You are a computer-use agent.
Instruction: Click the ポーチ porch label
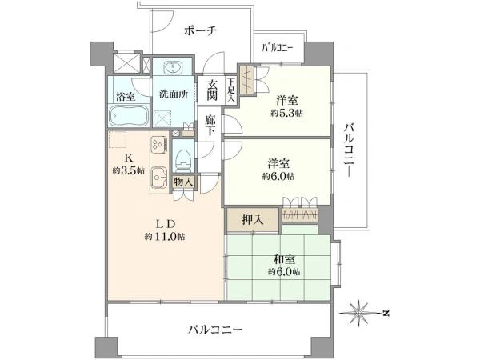point(201,30)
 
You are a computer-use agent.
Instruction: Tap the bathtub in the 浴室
point(129,115)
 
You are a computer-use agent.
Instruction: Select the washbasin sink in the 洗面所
point(174,67)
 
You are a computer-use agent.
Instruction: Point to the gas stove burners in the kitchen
point(159,144)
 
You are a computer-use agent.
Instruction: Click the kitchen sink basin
point(159,178)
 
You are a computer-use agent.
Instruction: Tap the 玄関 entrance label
point(211,90)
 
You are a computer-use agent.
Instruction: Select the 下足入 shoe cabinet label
point(231,90)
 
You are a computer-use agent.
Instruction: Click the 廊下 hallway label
point(210,125)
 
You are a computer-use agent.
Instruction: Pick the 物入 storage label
point(183,182)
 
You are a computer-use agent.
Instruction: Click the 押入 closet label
point(253,220)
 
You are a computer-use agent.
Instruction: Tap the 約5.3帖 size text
point(287,114)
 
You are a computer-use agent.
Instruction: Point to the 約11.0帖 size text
point(165,237)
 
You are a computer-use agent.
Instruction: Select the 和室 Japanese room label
point(284,260)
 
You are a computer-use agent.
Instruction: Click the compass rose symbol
point(359,313)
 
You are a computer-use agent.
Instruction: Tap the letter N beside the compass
point(386,313)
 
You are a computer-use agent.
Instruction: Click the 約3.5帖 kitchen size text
point(129,171)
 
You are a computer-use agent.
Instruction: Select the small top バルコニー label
point(278,48)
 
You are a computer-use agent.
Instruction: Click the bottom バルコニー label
point(215,330)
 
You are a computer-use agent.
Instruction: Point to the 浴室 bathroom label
point(126,97)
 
